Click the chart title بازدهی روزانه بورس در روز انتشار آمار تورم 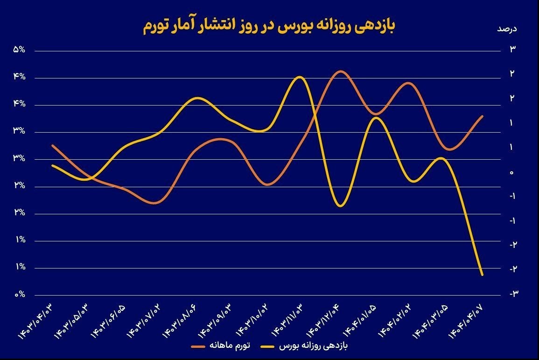269,27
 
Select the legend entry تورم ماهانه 221,346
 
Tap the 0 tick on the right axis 512,172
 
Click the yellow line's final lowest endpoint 482,275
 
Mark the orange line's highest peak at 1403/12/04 340,71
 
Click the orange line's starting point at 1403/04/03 52,145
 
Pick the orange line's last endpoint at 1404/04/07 482,116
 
